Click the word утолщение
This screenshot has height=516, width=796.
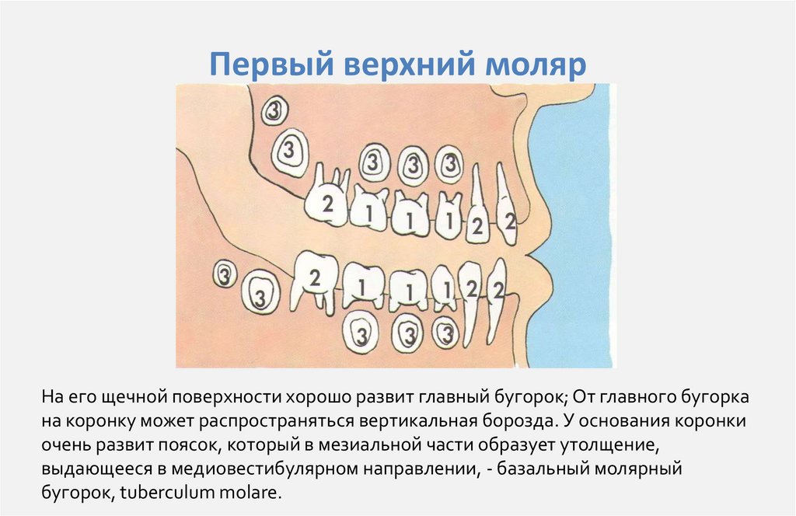tap(609, 445)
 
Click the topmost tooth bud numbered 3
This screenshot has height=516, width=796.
tap(274, 110)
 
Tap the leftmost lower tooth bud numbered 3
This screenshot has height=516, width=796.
tap(225, 274)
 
